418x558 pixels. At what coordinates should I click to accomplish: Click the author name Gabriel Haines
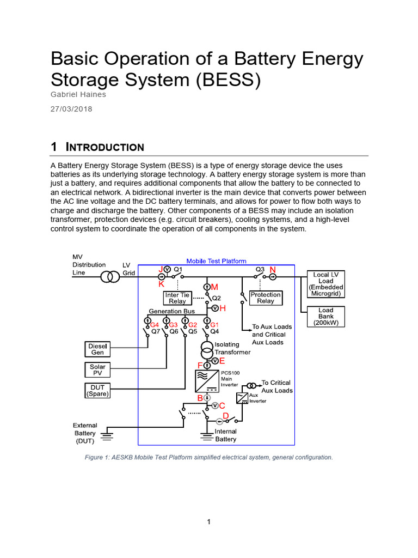tap(78, 94)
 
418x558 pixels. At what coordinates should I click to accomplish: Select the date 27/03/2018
tap(71, 108)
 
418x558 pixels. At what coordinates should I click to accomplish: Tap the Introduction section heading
tap(97, 147)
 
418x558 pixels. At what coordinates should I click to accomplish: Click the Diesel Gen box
tap(98, 349)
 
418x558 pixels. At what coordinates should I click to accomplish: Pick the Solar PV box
tap(97, 370)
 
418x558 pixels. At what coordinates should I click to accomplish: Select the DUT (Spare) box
tap(98, 390)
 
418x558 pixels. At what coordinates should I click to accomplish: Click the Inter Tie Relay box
tap(177, 298)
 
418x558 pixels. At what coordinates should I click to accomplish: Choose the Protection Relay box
tap(266, 298)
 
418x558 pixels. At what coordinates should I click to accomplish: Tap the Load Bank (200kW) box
tap(326, 316)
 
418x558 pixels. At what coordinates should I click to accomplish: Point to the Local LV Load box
tap(326, 283)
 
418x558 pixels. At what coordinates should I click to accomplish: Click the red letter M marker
tap(214, 287)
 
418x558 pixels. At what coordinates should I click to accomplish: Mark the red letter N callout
tap(273, 270)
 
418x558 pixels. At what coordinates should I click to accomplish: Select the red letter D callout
tap(225, 416)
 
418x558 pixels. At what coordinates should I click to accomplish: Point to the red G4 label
tap(155, 325)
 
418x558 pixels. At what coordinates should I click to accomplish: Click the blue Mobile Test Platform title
tap(216, 261)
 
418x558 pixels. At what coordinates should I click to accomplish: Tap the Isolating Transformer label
tap(232, 348)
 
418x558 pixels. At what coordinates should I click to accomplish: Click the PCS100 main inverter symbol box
tap(206, 381)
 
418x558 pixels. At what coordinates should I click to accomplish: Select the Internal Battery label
tap(226, 435)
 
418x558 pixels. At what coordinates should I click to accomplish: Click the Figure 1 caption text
tap(208, 457)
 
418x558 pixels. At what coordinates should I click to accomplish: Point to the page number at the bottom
tap(208, 522)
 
